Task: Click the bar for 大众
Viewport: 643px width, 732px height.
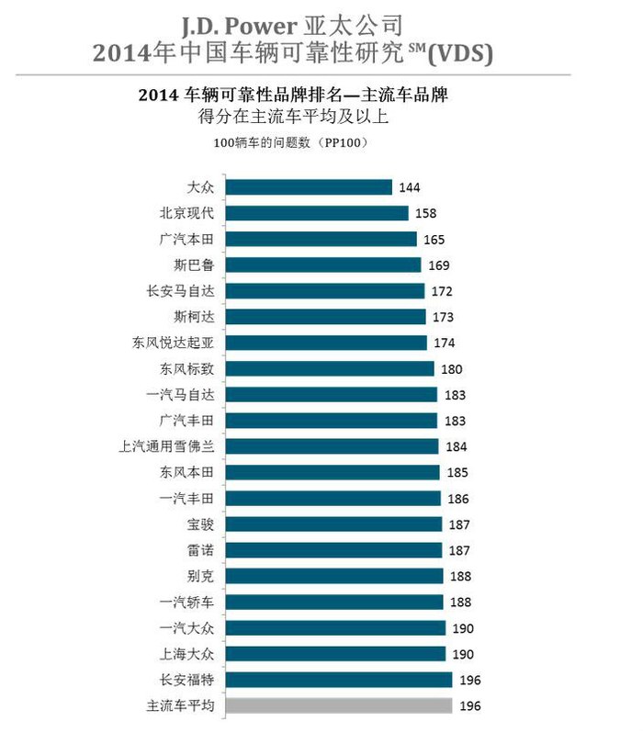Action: pos(309,187)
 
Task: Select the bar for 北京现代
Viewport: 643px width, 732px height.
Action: pos(317,213)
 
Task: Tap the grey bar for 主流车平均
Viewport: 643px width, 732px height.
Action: pos(339,705)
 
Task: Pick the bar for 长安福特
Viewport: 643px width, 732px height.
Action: pos(339,681)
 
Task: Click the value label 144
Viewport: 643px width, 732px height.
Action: pos(410,187)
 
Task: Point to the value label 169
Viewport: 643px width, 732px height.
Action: pos(437,265)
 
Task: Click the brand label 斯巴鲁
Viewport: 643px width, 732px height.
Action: pos(194,265)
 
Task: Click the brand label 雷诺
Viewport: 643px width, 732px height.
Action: pos(200,550)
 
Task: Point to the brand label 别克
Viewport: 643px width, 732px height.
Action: pos(200,577)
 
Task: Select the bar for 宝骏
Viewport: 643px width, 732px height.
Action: pos(335,524)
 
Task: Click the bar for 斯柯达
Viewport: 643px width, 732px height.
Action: pos(326,317)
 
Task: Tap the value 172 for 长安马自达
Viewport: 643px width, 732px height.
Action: pos(441,291)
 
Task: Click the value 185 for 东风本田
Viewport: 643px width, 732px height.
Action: pos(457,473)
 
